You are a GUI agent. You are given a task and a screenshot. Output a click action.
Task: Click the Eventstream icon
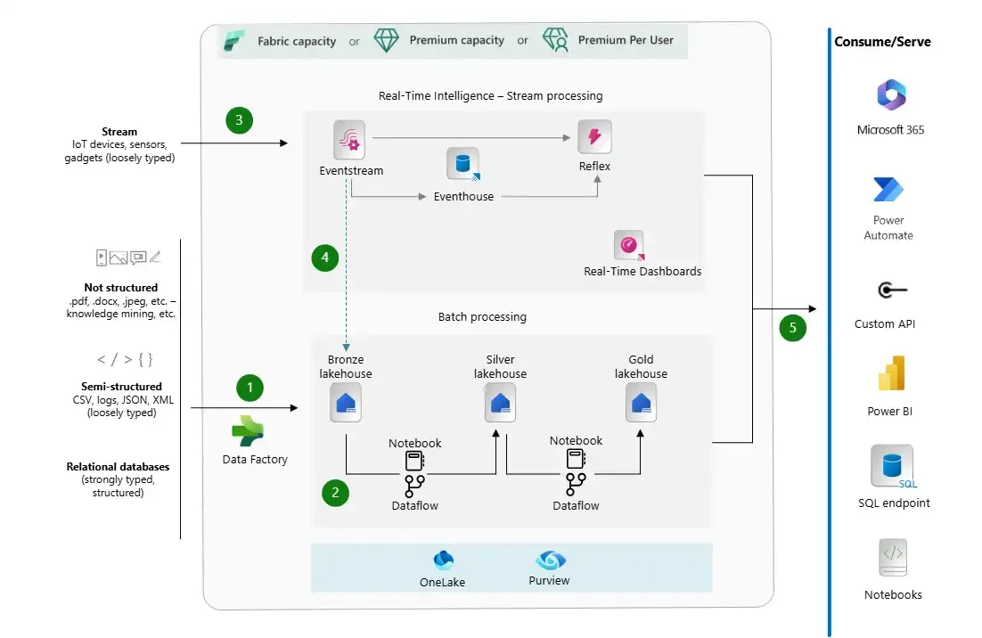tap(349, 140)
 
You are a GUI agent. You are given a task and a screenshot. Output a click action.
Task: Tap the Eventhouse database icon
tap(462, 165)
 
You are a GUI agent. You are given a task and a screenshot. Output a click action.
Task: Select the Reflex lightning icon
tap(594, 137)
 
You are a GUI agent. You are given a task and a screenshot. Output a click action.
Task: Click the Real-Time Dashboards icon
tap(629, 245)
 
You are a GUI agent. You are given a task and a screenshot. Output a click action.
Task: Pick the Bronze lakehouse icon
tap(346, 403)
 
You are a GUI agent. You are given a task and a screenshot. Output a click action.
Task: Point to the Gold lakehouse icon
tap(641, 403)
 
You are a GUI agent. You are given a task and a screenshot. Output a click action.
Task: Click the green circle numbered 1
tap(250, 388)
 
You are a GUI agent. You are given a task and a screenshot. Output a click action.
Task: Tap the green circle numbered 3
tap(239, 119)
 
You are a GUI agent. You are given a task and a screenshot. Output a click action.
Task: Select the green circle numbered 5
tap(792, 327)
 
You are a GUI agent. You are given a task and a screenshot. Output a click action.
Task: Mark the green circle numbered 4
tap(325, 258)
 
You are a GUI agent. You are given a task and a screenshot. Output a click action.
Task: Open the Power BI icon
tap(890, 374)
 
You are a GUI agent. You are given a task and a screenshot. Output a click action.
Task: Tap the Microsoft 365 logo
tap(890, 95)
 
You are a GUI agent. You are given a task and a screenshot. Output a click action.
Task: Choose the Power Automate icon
tap(888, 189)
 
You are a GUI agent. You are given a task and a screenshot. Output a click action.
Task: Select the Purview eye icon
tap(550, 560)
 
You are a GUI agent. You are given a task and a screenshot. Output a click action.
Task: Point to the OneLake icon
tap(443, 560)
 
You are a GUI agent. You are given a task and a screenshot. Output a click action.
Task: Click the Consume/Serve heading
tap(881, 42)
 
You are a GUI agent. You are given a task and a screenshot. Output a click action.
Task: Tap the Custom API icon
tap(890, 290)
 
